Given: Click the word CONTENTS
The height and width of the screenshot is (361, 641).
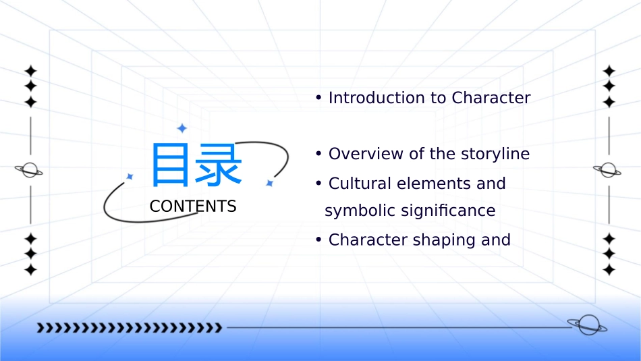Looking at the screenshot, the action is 193,206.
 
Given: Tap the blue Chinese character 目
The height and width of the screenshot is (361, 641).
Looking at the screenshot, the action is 170,165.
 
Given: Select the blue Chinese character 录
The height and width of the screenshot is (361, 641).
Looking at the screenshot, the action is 219,165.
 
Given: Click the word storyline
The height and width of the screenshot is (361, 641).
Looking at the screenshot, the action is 495,155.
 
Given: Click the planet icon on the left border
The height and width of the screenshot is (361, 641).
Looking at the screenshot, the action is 29,170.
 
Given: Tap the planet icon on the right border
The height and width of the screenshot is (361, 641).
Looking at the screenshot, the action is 607,170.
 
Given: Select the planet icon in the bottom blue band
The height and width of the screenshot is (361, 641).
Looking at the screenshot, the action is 588,325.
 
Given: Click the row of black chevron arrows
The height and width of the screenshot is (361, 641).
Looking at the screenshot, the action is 130,327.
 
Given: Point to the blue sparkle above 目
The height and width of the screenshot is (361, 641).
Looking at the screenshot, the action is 182,128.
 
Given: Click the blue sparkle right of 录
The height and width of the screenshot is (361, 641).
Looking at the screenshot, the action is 269,183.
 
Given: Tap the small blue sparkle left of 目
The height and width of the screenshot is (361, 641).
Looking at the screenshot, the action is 130,177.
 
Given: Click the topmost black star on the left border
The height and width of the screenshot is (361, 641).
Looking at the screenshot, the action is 30,71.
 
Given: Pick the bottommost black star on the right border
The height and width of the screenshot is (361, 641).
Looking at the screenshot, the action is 609,269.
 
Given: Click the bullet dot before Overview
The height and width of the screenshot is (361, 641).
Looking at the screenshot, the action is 319,154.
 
